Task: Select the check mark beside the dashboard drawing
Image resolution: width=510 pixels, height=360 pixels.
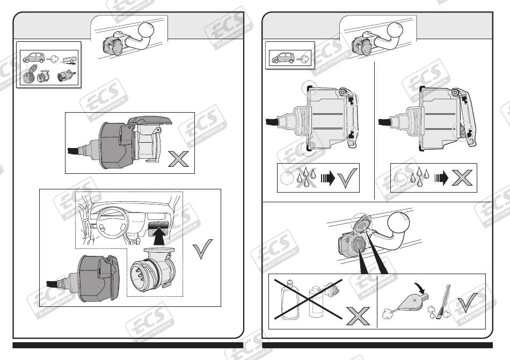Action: (202, 248)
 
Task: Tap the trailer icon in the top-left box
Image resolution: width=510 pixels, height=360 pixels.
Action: (69, 59)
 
